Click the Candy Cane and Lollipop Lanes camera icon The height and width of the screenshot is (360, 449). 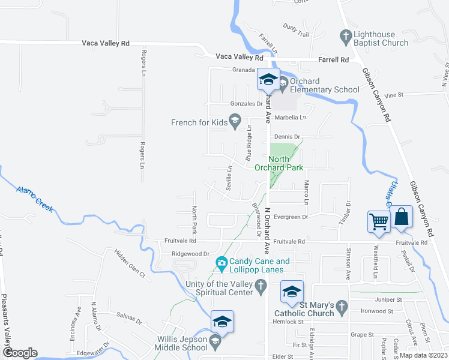coord(221,263)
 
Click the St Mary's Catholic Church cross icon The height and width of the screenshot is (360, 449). coord(342,307)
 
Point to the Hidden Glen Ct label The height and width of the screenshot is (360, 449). coord(130,265)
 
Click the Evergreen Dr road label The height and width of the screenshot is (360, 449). coord(290,217)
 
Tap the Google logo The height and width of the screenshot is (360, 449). coord(20,352)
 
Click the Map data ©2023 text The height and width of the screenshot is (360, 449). coord(423,355)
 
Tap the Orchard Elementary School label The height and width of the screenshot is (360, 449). coord(325,85)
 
